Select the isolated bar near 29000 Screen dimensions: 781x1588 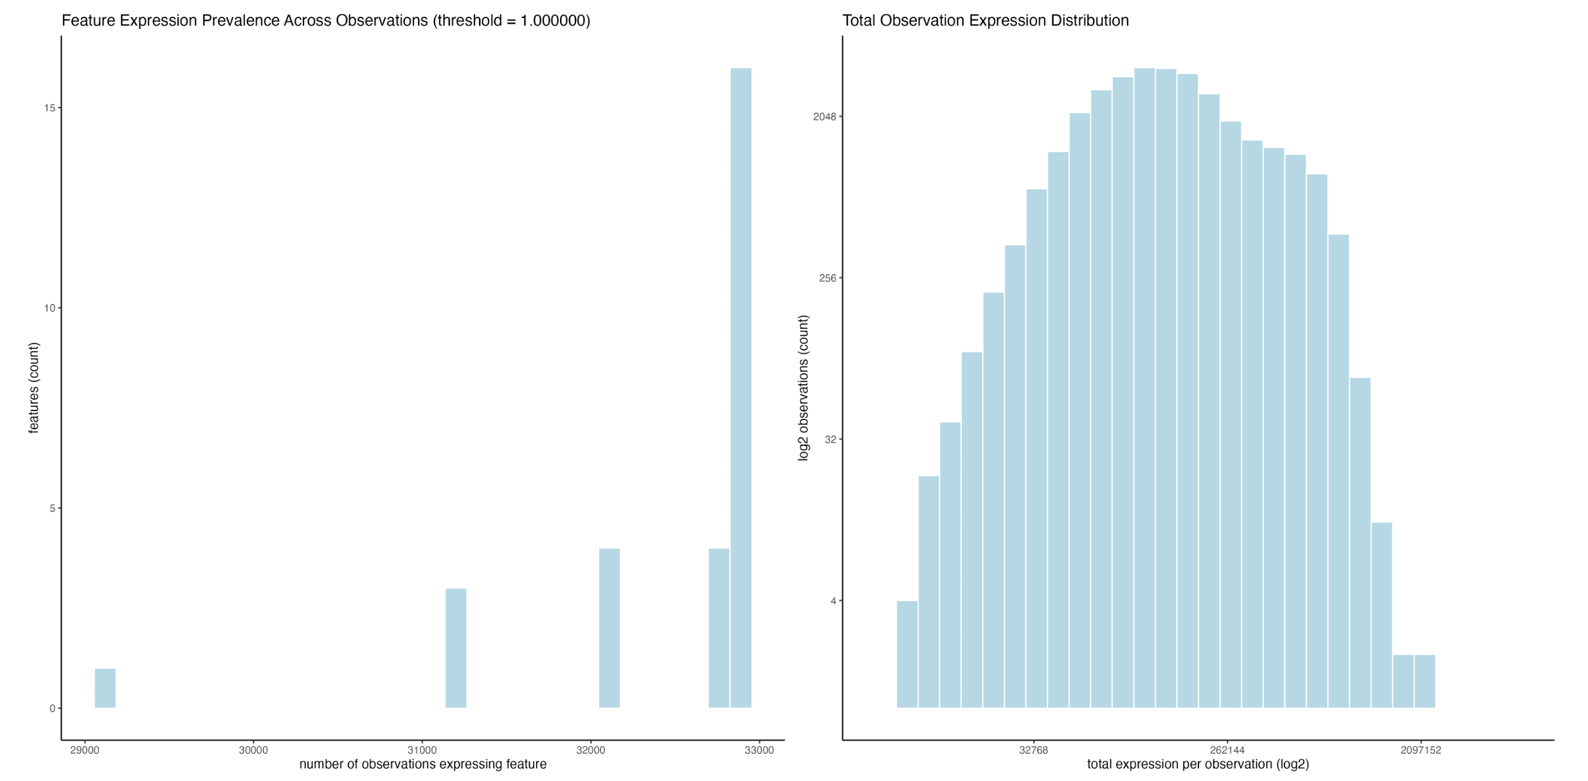pyautogui.click(x=105, y=688)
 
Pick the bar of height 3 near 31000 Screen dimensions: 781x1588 pyautogui.click(x=456, y=648)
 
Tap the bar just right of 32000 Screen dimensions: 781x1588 pyautogui.click(x=609, y=628)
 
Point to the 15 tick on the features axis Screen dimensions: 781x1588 pyautogui.click(x=50, y=108)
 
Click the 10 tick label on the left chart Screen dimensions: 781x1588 pyautogui.click(x=50, y=308)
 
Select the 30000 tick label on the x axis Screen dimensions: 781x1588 pyautogui.click(x=253, y=750)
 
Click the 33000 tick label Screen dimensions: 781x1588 pyautogui.click(x=759, y=750)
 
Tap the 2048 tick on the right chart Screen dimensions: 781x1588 pyautogui.click(x=824, y=116)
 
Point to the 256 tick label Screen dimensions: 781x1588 pyautogui.click(x=827, y=278)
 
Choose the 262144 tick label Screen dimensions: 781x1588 pyautogui.click(x=1227, y=750)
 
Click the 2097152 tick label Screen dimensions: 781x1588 pyautogui.click(x=1420, y=750)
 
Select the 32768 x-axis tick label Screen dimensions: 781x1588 pyautogui.click(x=1033, y=750)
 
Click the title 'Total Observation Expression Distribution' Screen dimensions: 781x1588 pyautogui.click(x=985, y=21)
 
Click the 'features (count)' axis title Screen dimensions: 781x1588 pyautogui.click(x=33, y=387)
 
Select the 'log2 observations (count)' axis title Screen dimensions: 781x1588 pyautogui.click(x=803, y=387)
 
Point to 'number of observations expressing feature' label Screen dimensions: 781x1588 pyautogui.click(x=422, y=764)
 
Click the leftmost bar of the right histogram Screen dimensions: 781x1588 pyautogui.click(x=907, y=654)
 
